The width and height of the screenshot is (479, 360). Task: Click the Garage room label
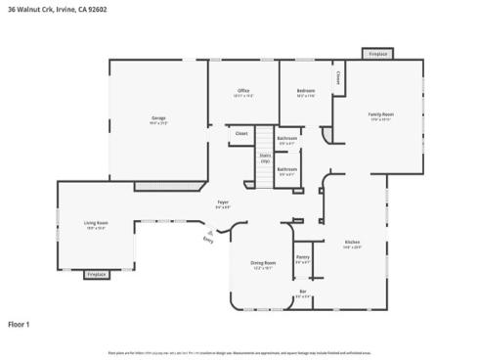coord(158,120)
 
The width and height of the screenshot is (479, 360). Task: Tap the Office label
coord(243,92)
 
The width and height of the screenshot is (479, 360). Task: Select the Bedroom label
coord(306,92)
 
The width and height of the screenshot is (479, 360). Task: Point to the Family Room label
coord(380,115)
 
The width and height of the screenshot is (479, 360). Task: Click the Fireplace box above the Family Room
coord(378,54)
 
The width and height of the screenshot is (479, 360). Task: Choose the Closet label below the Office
coord(241,133)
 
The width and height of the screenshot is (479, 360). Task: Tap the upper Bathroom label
coord(286,139)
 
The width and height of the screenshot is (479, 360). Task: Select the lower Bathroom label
coord(286,169)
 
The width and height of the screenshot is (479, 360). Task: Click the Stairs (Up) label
coord(264,157)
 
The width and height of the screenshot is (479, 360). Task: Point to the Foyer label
coord(223,202)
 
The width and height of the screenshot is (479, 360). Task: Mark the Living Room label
coord(97,224)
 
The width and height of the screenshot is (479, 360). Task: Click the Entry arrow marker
coord(208,238)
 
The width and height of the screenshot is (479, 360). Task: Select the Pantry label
coord(304,258)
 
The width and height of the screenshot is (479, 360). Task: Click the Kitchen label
coord(352,244)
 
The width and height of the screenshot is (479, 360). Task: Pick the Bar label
coord(303,293)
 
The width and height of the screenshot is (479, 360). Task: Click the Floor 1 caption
coord(20,323)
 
